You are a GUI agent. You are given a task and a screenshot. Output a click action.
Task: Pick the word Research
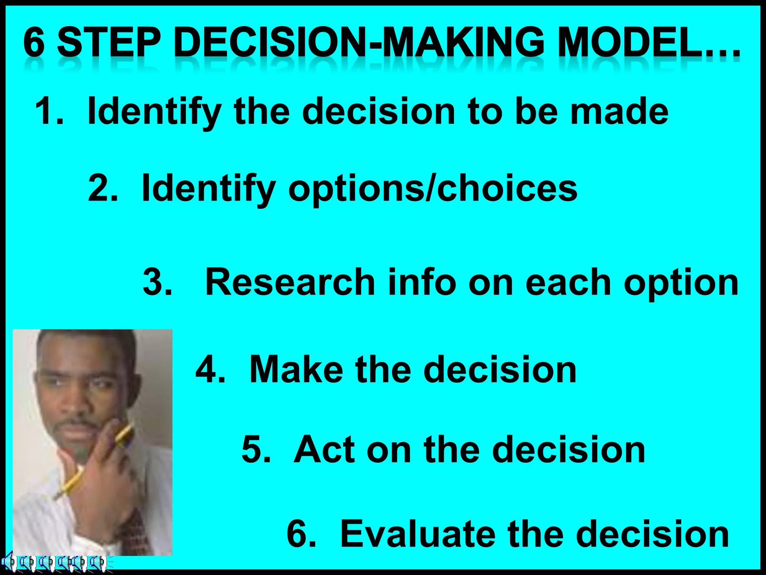tap(290, 282)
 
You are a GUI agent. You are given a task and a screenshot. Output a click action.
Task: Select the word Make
tap(296, 369)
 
